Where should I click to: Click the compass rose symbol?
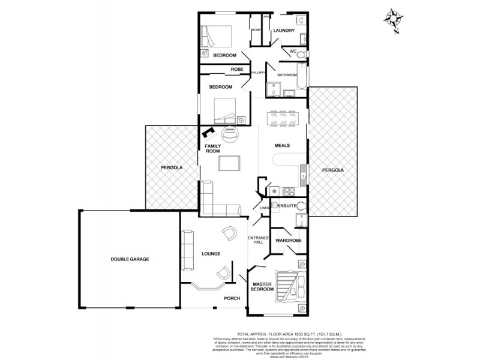[x=394, y=17]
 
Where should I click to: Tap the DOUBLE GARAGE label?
[x=129, y=259]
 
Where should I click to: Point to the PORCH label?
[x=232, y=298]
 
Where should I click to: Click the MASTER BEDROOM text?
[x=263, y=287]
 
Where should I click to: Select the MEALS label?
[x=283, y=145]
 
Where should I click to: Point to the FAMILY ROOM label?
[x=213, y=149]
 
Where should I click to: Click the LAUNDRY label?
[x=284, y=30]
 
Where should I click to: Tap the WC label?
[x=293, y=52]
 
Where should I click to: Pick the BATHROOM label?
[x=287, y=75]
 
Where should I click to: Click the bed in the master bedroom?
[x=295, y=285]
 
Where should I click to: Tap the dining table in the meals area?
[x=281, y=118]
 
